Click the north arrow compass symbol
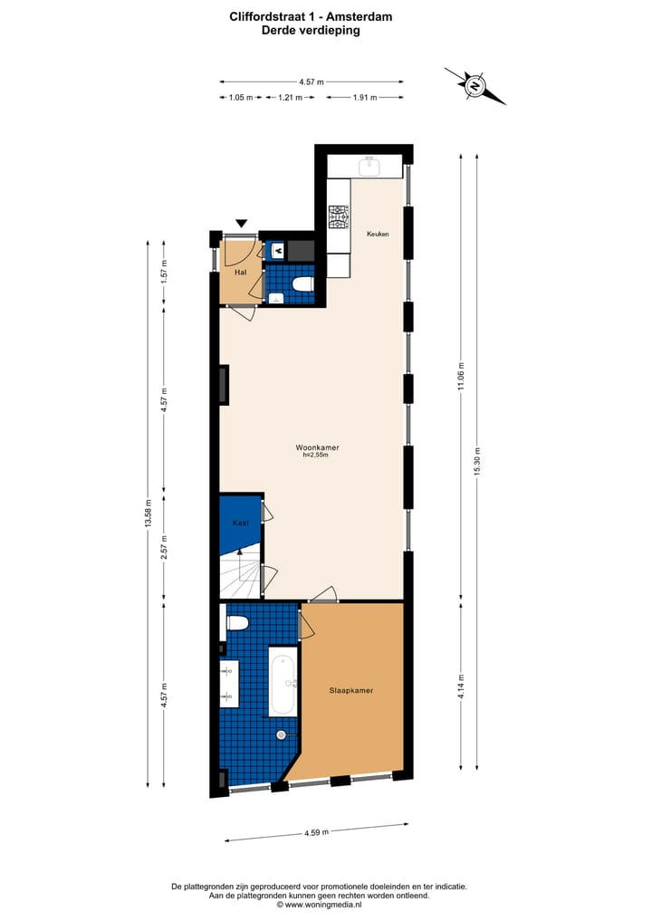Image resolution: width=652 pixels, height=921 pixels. [x=475, y=87]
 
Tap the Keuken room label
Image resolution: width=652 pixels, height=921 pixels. [x=378, y=235]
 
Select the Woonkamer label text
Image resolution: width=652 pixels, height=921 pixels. [x=316, y=448]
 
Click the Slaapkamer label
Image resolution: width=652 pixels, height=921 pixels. [x=351, y=690]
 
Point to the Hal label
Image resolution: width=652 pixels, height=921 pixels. [x=240, y=272]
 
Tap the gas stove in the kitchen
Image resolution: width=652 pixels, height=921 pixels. [x=339, y=217]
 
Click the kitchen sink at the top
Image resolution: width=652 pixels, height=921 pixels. [x=369, y=167]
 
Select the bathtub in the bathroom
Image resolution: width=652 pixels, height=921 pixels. [x=282, y=681]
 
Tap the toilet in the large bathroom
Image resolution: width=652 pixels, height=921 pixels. [x=236, y=622]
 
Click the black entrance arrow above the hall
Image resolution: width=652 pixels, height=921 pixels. [x=241, y=224]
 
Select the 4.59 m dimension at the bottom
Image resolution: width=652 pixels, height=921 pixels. [x=316, y=831]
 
